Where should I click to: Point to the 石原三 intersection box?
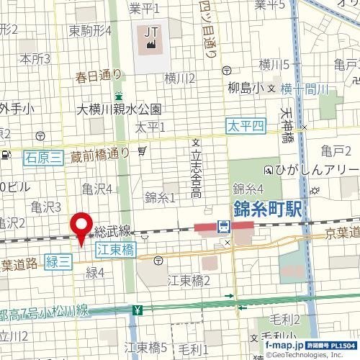41,156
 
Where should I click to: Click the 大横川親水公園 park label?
120,109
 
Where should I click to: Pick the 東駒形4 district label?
90,31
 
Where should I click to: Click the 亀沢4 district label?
96,189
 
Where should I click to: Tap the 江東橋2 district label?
189,279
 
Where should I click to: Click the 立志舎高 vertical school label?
195,172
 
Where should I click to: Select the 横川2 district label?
180,78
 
